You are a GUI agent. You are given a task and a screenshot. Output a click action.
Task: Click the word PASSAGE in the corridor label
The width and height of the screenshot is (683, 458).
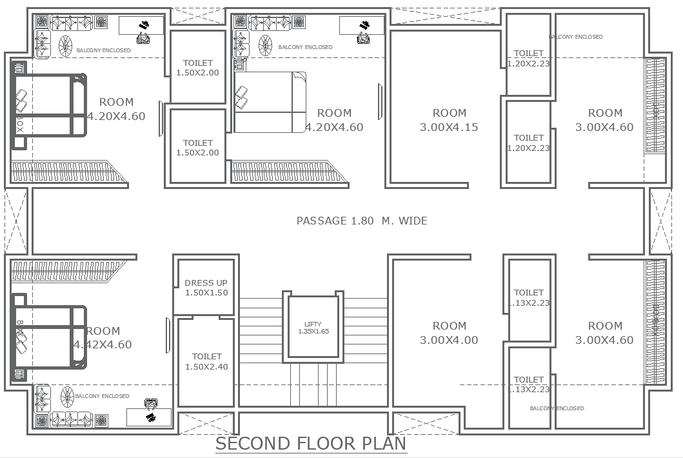coord(321,221)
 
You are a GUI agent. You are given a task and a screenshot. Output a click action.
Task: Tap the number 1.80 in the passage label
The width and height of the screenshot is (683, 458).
coord(362,221)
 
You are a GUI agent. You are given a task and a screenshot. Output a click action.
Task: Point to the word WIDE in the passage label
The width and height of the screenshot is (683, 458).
coord(413,221)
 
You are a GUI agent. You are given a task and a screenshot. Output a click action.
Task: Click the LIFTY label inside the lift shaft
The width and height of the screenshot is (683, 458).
coord(313,324)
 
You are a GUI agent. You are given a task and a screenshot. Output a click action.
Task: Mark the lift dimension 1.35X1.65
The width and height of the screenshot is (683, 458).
coord(313,332)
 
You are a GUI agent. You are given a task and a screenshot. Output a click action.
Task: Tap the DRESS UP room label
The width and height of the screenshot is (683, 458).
coord(206,283)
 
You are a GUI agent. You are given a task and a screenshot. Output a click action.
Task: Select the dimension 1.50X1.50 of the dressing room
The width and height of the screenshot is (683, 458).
coord(206,293)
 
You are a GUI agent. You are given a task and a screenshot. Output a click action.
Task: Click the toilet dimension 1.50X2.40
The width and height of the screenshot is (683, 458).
coord(206,366)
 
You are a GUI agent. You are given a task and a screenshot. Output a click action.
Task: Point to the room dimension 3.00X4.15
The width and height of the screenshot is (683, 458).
coord(449,127)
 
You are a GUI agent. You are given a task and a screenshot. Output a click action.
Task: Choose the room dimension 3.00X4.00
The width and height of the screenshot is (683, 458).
coord(449,340)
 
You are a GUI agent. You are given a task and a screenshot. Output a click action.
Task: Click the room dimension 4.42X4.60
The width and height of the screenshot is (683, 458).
coord(103,344)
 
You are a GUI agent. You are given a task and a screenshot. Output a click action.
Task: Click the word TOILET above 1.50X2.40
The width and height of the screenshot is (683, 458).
coord(206,356)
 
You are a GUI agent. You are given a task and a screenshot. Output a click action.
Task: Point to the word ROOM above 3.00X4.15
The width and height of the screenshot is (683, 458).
coord(449,113)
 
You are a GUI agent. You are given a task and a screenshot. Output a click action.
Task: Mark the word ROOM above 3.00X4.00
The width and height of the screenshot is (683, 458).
coord(449,326)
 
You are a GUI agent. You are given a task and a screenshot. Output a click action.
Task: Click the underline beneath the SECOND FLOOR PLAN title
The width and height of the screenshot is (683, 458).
coord(311,453)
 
